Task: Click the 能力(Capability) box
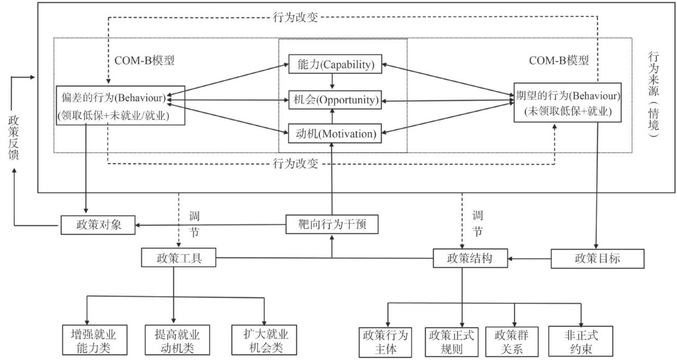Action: [332, 65]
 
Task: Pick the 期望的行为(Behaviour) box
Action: [567, 102]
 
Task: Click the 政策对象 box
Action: [98, 225]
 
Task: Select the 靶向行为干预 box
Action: [332, 224]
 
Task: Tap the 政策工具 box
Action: [179, 257]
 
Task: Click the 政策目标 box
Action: [598, 258]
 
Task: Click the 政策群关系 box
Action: [515, 341]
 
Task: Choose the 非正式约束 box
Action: [582, 341]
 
